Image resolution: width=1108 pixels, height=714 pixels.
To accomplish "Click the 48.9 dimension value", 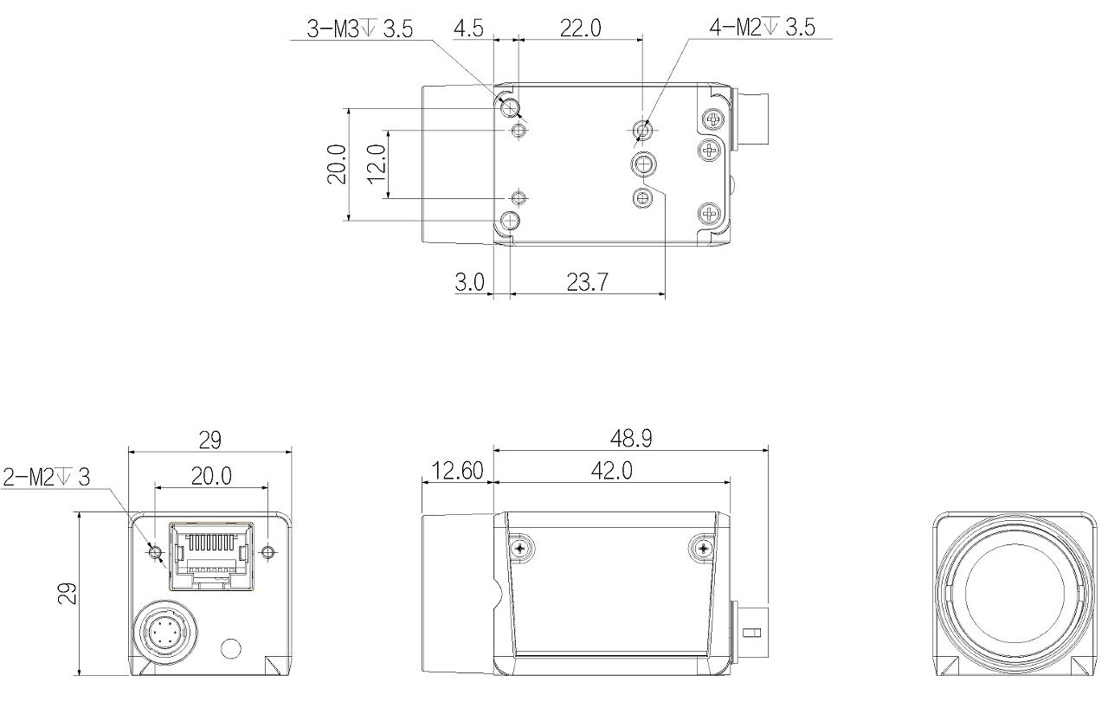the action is (631, 439).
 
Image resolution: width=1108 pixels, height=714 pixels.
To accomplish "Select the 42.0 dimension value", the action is (612, 471).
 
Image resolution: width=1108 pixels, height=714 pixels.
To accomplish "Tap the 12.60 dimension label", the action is (458, 471).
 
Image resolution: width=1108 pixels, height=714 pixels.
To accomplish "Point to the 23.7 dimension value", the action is (587, 282).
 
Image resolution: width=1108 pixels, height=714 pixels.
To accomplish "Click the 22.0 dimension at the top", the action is (581, 29).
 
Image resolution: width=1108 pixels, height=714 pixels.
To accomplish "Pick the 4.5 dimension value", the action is (468, 29).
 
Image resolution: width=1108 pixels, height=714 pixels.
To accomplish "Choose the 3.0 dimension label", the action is (470, 282).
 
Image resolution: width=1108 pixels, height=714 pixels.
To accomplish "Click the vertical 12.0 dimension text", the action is (377, 164).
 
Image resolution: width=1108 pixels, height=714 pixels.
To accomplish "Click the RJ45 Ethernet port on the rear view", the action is (212, 556).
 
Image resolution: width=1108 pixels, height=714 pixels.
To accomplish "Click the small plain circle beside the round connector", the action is (230, 648).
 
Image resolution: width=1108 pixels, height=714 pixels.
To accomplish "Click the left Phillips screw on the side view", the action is (519, 548).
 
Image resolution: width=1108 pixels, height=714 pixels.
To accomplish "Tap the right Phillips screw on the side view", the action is (703, 547).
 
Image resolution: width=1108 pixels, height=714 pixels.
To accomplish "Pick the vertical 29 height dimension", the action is (68, 594).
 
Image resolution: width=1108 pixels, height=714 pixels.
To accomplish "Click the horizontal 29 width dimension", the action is (209, 440).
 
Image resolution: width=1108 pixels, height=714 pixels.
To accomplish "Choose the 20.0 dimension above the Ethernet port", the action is (211, 476).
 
